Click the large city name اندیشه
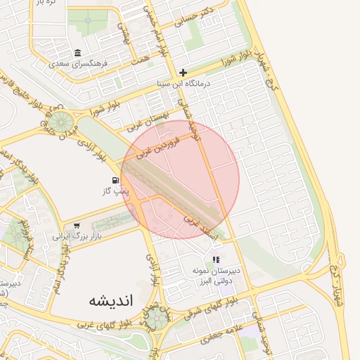[x=110, y=300]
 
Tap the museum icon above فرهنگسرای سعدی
[x=77, y=53]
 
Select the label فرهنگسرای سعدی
[x=79, y=63]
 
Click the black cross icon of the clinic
[x=183, y=72]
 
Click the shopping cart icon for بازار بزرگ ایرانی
[x=76, y=226]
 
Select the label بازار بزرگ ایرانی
[x=77, y=237]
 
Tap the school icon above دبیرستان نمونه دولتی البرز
[x=216, y=259]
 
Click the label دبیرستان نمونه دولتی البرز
[x=217, y=275]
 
